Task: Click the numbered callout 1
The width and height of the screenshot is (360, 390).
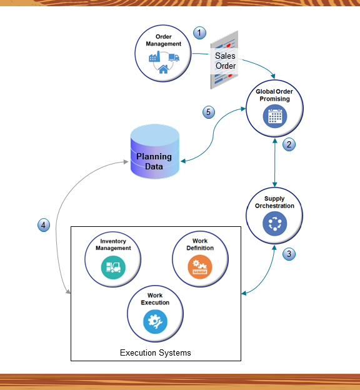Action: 199,32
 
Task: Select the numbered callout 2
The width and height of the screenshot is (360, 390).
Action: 288,144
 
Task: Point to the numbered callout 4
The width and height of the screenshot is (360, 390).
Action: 43,225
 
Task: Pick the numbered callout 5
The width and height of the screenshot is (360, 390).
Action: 209,112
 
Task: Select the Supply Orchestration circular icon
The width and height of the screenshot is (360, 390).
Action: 274,223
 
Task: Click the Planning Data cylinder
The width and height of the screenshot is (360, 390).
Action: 155,152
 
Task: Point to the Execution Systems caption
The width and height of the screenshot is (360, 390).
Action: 155,353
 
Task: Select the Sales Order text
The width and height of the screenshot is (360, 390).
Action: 226,61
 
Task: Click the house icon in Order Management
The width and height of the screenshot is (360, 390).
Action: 163,69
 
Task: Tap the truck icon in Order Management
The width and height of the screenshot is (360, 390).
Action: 174,58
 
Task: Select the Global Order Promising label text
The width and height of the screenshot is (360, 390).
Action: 274,95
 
